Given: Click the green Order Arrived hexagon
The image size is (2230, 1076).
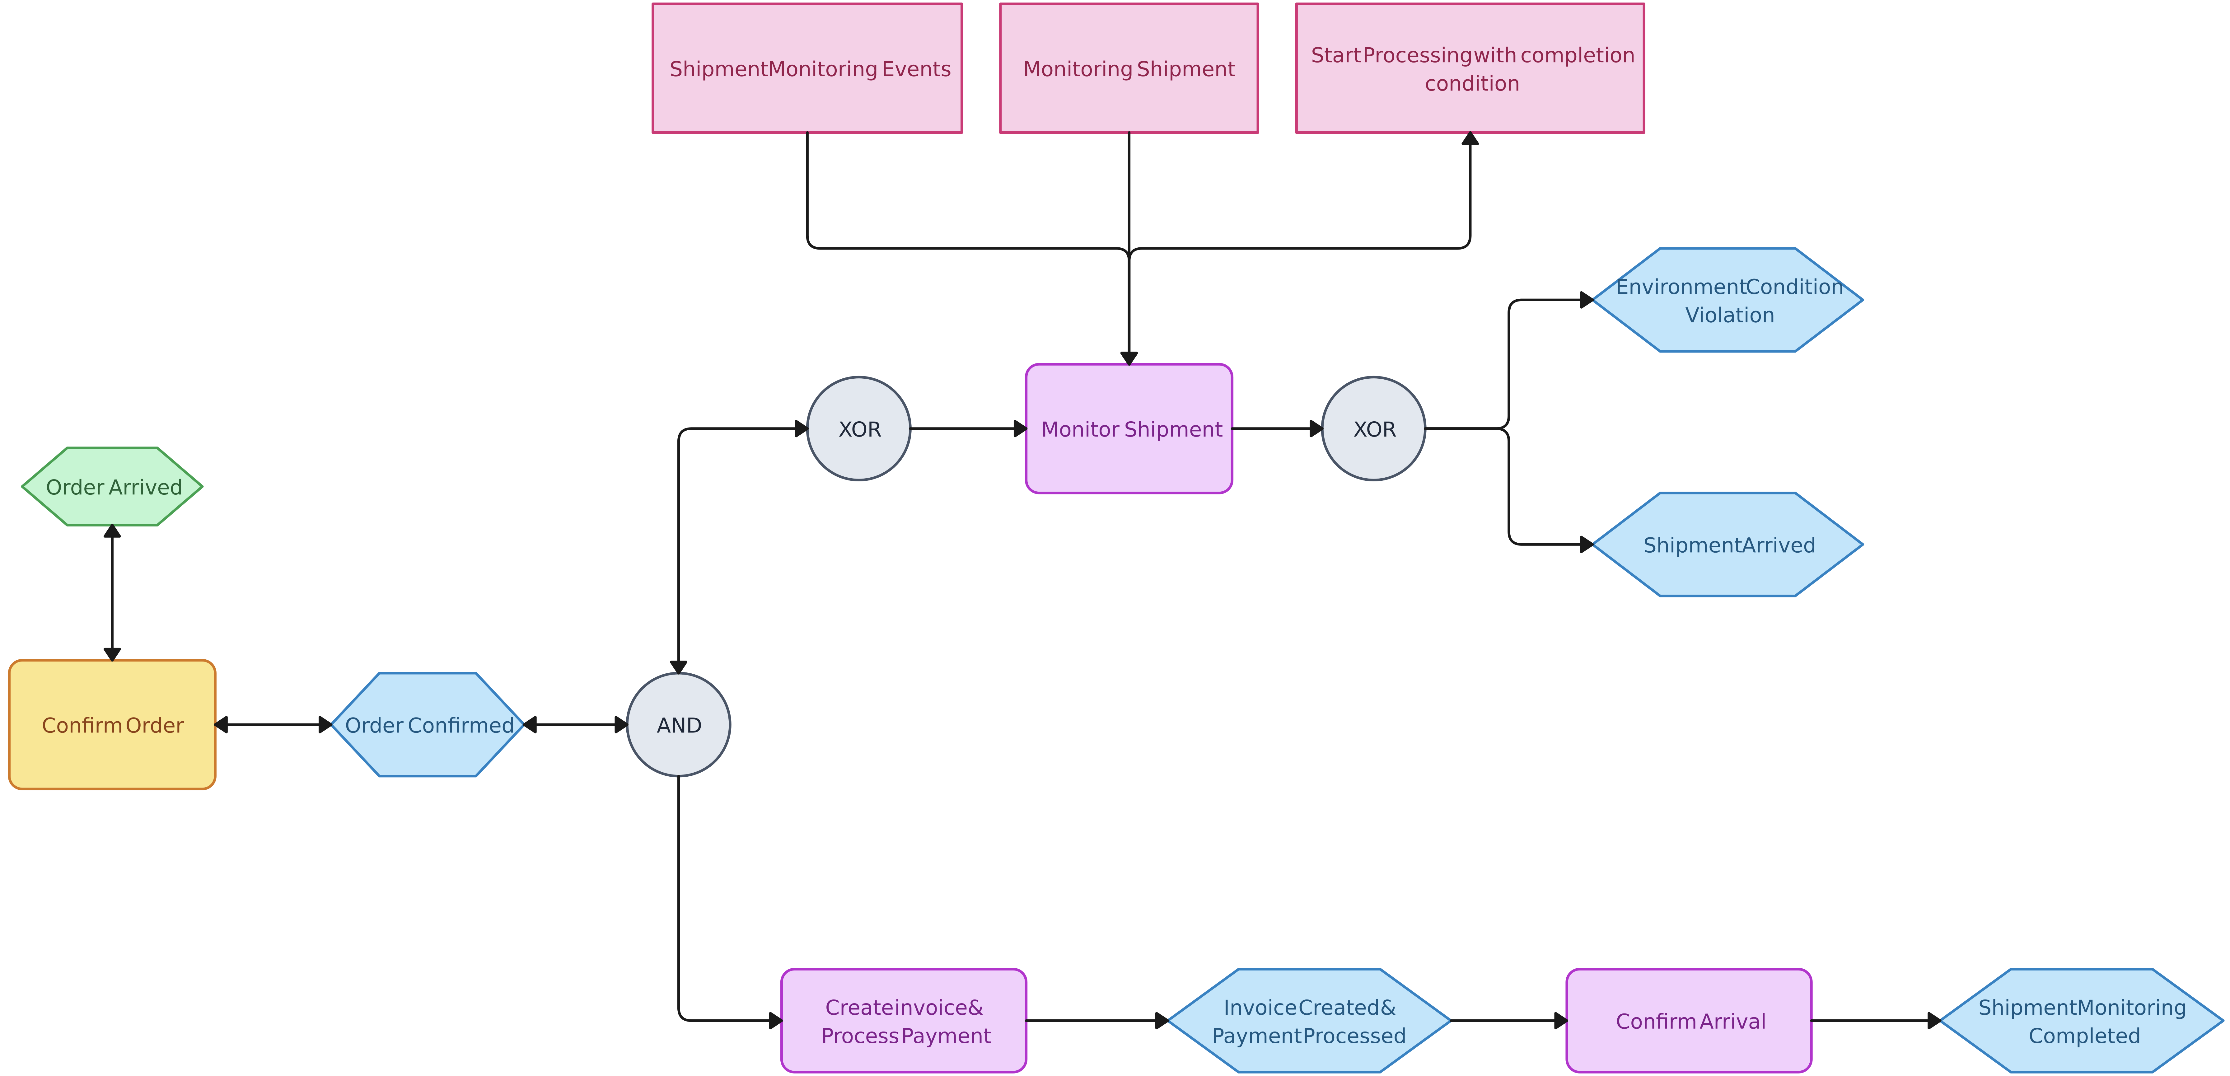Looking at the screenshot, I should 113,486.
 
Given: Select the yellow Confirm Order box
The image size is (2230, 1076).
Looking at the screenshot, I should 113,725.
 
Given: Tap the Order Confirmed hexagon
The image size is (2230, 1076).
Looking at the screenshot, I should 428,725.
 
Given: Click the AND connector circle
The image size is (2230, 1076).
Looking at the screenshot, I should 679,725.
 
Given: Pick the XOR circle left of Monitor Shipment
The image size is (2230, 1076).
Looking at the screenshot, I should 859,428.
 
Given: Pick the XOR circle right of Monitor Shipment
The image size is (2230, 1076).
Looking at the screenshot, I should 1374,428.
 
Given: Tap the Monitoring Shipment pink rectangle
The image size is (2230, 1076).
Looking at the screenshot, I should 1129,68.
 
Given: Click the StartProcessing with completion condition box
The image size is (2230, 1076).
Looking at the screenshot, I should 1470,68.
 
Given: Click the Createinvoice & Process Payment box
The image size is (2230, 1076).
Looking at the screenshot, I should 904,1021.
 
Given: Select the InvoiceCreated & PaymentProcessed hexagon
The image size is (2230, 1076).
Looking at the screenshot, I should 1309,1021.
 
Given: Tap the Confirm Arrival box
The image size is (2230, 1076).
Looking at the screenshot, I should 1689,1021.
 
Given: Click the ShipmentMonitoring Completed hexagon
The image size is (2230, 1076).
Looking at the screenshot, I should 2082,1021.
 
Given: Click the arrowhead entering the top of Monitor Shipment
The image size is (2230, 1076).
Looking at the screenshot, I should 1129,358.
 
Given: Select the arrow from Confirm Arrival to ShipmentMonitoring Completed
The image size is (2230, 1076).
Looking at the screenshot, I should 1874,1021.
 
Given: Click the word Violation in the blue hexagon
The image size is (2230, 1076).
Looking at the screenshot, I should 1729,315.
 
